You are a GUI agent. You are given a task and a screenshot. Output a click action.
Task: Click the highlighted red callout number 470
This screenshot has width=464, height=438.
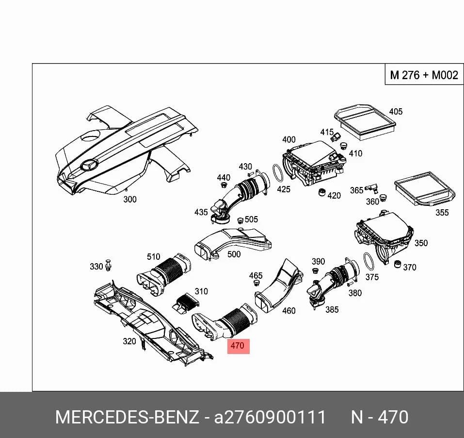(238, 346)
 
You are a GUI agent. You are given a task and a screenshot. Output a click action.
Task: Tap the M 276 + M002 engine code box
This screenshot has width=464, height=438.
(424, 74)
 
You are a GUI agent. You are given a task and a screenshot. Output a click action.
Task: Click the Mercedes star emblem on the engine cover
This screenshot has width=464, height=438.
(89, 165)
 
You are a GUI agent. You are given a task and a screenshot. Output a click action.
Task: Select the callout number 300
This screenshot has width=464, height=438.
(130, 199)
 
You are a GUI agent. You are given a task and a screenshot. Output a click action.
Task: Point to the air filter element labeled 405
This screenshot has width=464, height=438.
(365, 122)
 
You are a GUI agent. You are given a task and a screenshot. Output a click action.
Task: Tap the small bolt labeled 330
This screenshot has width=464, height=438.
(109, 265)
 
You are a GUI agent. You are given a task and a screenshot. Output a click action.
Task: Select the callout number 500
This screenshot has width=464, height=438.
(234, 254)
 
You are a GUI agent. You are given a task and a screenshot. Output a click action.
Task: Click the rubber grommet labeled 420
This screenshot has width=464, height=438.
(321, 192)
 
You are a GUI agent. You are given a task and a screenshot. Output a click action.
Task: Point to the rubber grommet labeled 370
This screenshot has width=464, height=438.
(398, 264)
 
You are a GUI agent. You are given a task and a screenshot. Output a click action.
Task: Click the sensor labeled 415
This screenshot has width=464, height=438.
(336, 137)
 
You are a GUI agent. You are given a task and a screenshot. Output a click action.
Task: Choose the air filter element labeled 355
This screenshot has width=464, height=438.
(425, 189)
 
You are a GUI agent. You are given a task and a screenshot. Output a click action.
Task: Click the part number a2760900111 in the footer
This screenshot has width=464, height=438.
(270, 417)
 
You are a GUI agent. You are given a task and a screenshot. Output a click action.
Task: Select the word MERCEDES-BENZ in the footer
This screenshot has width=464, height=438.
(127, 417)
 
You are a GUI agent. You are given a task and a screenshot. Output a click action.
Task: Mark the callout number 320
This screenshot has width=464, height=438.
(129, 341)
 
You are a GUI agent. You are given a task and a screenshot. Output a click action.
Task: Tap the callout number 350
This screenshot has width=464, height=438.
(421, 243)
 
